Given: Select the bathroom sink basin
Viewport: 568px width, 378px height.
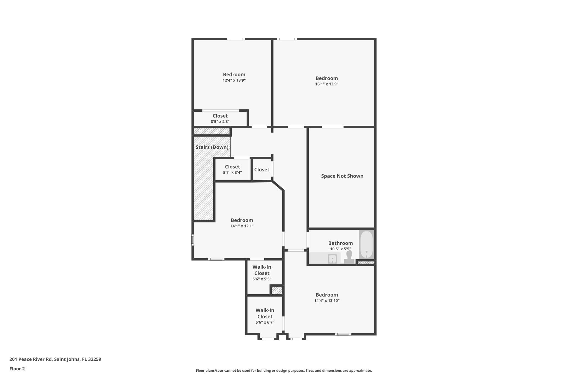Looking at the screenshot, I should click(332, 259).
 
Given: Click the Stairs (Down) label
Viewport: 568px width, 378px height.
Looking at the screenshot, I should click(212, 147).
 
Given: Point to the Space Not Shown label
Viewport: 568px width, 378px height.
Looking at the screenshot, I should click(342, 176).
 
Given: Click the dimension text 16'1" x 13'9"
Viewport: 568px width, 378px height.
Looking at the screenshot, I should click(326, 84).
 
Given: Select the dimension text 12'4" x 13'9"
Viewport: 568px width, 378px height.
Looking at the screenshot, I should click(234, 80).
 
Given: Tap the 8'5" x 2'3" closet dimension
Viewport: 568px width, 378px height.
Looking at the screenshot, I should click(220, 122).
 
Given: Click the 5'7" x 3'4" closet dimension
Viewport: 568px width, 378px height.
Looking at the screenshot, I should click(232, 172).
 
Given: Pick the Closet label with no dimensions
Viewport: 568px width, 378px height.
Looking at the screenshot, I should click(262, 169).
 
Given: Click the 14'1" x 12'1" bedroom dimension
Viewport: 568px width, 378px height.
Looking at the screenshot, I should click(242, 226).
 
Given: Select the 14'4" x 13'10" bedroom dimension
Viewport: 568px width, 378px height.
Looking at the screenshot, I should click(327, 300).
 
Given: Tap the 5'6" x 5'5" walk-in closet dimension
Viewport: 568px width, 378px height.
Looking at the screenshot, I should click(262, 279).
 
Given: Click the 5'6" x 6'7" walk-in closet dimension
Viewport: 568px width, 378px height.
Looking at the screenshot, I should click(265, 322).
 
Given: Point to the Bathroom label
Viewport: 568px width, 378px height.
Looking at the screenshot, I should click(340, 243).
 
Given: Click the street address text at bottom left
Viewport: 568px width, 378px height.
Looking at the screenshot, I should click(55, 359).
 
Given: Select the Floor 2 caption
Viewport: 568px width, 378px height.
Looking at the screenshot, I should click(17, 369).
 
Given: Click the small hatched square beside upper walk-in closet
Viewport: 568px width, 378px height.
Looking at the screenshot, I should click(277, 290).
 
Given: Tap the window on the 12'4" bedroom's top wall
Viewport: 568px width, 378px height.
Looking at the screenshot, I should click(236, 39).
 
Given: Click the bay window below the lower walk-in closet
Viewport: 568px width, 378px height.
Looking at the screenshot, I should click(268, 339).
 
